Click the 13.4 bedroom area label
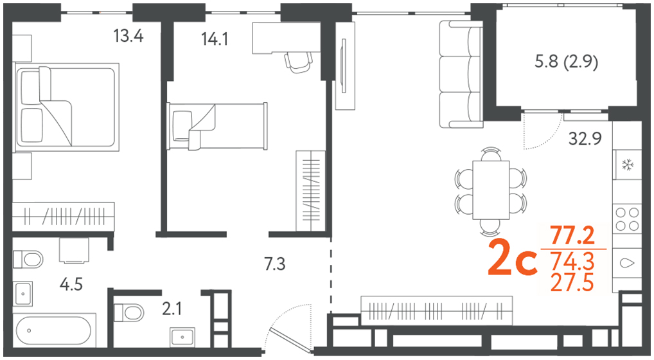[x=128, y=36]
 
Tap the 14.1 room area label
[x=215, y=39]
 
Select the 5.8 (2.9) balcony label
[x=566, y=62]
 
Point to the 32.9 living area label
[x=585, y=138]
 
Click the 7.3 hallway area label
[x=275, y=264]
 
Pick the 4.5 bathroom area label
[x=71, y=285]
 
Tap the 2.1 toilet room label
[x=172, y=309]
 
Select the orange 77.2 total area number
[x=572, y=236]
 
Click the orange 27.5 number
[x=572, y=283]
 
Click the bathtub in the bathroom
[x=55, y=330]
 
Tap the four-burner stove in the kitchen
[x=627, y=219]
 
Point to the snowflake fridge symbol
[x=627, y=165]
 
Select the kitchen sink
[x=627, y=263]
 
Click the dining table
[x=491, y=190]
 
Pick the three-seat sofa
[x=461, y=74]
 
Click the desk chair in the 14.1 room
[x=299, y=62]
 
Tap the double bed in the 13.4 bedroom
[x=66, y=107]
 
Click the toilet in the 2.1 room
[x=129, y=312]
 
